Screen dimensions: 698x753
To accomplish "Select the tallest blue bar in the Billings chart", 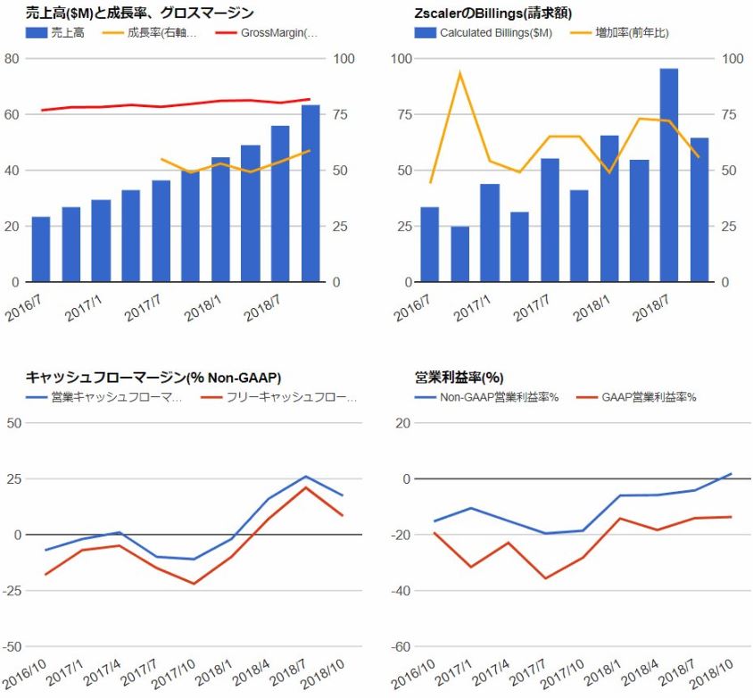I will (668, 175).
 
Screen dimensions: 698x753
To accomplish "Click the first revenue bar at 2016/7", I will (40, 249).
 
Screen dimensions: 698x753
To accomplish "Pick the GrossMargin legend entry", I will (279, 33).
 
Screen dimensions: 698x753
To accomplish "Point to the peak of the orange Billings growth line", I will (459, 72).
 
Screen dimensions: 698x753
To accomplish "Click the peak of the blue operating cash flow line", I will (305, 477).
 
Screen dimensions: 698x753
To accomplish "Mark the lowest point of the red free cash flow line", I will (194, 584).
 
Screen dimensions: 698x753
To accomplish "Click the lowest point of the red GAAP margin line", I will (545, 578).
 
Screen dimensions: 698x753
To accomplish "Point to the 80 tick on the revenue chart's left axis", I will (12, 59).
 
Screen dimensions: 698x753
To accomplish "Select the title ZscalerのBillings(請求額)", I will (493, 13).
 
